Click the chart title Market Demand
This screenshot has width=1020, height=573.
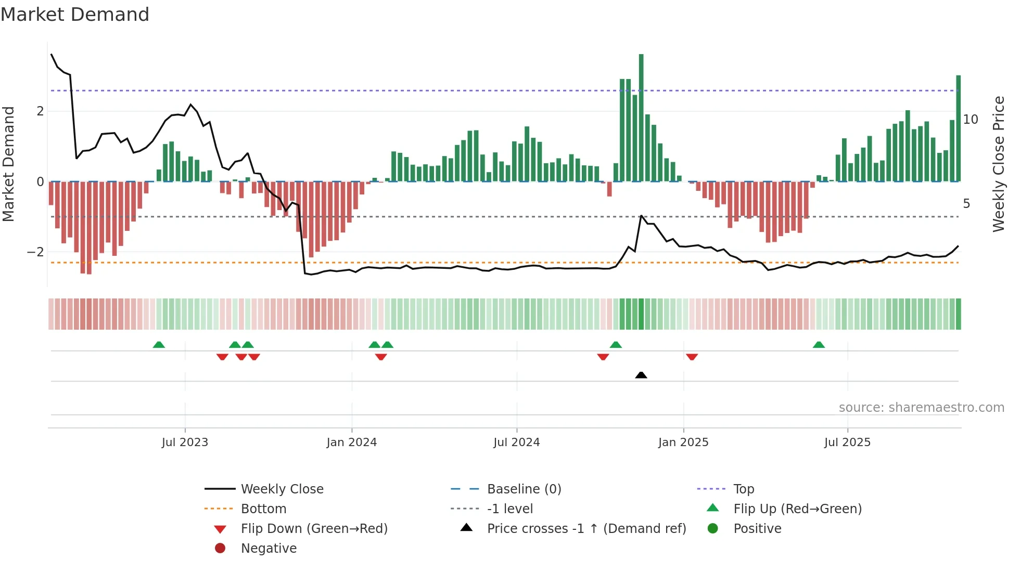[x=75, y=15]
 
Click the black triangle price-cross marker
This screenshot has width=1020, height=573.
[x=641, y=375]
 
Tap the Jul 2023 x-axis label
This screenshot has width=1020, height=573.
[x=185, y=442]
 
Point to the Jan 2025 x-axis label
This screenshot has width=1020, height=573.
[x=683, y=442]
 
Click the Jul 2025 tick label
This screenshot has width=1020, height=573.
[x=847, y=442]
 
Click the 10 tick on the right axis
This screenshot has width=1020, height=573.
[x=971, y=120]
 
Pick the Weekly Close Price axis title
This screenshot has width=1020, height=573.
[x=998, y=164]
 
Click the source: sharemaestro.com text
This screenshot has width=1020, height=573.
[x=921, y=408]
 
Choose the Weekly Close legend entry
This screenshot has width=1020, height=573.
[x=282, y=489]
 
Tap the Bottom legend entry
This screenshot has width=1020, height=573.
[x=263, y=509]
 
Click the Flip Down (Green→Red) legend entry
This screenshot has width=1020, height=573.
[x=314, y=529]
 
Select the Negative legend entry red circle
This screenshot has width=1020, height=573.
[x=220, y=549]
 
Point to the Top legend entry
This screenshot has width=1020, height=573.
[x=744, y=489]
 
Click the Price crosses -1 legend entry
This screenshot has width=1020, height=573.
[x=586, y=529]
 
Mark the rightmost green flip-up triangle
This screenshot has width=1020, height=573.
[x=819, y=345]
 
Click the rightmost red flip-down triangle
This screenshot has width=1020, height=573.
[x=692, y=357]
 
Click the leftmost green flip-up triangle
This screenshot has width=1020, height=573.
[x=159, y=345]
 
